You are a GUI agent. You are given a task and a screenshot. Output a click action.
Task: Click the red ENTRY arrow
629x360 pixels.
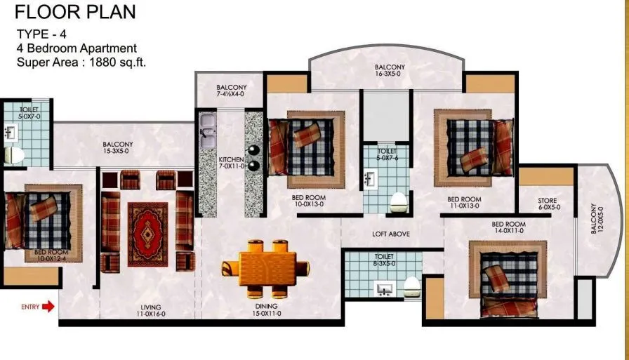pyautogui.click(x=48, y=307)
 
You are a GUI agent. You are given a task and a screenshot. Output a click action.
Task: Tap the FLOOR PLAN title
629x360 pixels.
pyautogui.click(x=76, y=12)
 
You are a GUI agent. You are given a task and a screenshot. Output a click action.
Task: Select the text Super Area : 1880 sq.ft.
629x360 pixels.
pyautogui.click(x=81, y=62)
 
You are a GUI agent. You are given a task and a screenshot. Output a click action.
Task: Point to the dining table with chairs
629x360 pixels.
pyautogui.click(x=265, y=267)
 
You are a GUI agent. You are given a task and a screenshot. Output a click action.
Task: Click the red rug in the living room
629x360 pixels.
pyautogui.click(x=147, y=225)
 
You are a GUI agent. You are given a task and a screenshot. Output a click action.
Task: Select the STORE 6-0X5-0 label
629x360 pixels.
pyautogui.click(x=548, y=204)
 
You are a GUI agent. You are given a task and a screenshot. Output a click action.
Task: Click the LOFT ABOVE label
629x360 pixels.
pyautogui.click(x=391, y=234)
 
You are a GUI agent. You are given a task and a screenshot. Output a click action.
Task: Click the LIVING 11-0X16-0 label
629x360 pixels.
pyautogui.click(x=150, y=311)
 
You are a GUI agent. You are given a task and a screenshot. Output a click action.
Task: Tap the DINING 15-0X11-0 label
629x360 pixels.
pyautogui.click(x=266, y=310)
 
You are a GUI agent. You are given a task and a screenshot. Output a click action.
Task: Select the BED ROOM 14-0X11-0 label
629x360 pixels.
pyautogui.click(x=508, y=228)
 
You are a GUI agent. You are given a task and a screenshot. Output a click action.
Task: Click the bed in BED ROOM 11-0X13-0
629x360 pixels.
pyautogui.click(x=472, y=146)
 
